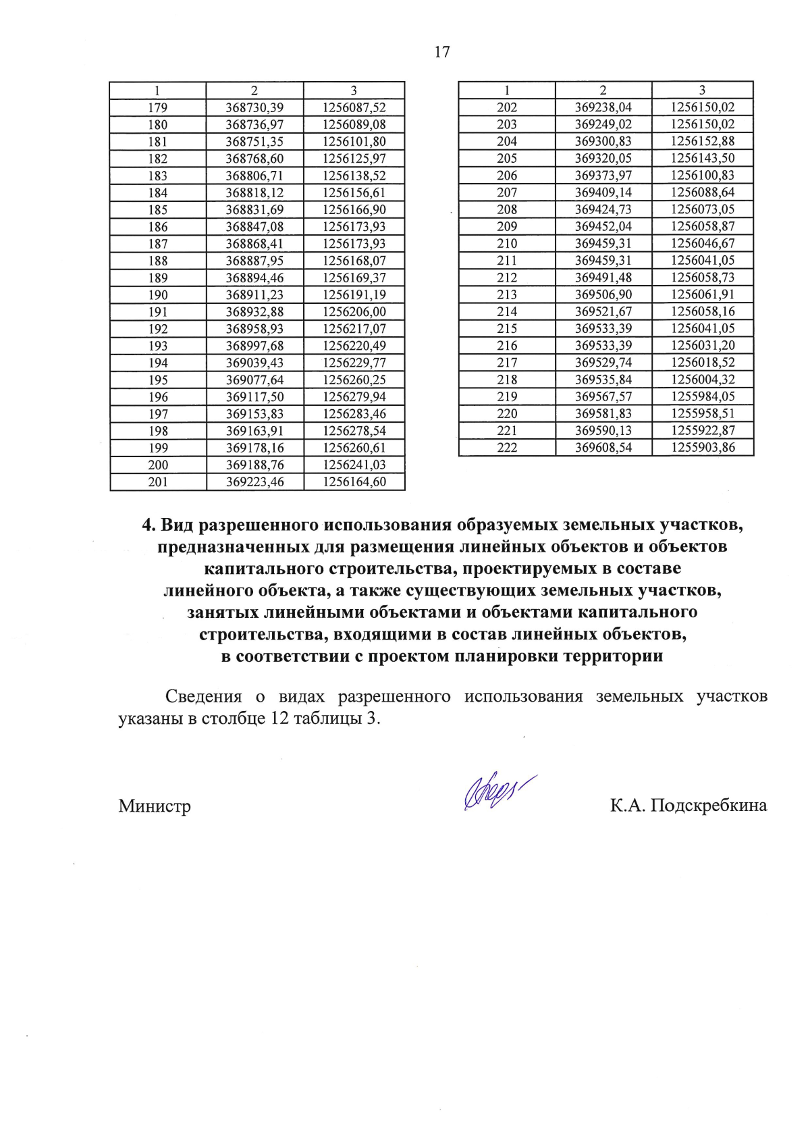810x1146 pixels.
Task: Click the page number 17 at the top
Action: [x=442, y=52]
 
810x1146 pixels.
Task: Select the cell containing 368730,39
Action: [x=254, y=107]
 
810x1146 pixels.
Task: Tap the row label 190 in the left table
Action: [x=158, y=294]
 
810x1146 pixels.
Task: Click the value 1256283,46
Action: [x=354, y=414]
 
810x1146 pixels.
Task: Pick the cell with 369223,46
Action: [x=254, y=482]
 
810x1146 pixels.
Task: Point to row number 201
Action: [x=158, y=482]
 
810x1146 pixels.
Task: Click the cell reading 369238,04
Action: [x=603, y=107]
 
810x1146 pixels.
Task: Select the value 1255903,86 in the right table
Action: [x=703, y=447]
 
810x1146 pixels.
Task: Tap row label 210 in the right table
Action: [x=507, y=243]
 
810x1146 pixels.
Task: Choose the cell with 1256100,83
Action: [x=703, y=175]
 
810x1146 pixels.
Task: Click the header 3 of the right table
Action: [x=702, y=90]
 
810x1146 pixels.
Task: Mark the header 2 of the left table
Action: [x=254, y=90]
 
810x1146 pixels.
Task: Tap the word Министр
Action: [x=155, y=806]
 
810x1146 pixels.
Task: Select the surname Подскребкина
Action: [x=709, y=806]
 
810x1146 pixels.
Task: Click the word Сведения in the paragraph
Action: [x=203, y=696]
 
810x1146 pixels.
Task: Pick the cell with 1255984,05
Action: [x=703, y=396]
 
